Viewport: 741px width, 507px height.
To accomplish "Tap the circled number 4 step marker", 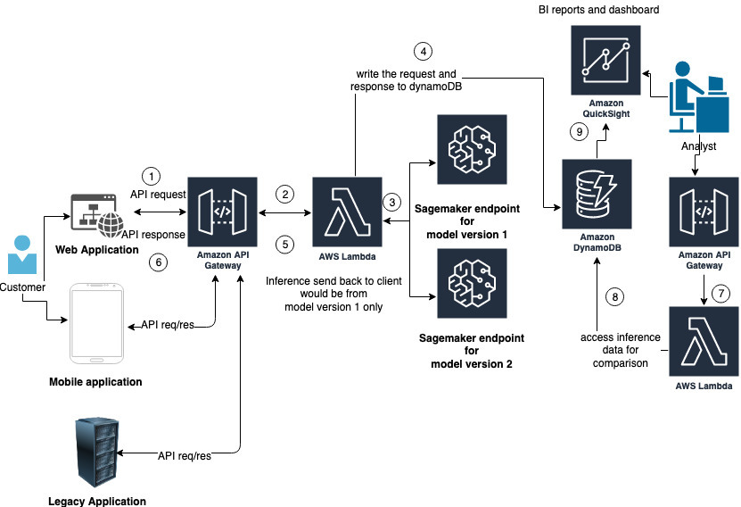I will click(423, 51).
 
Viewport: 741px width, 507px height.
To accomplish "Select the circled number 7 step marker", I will click(722, 293).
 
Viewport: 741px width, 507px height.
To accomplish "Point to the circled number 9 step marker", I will click(579, 132).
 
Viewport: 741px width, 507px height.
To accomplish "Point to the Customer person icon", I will click(21, 253).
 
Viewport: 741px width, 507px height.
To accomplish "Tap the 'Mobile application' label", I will click(95, 382).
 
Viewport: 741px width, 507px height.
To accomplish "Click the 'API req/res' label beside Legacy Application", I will click(185, 456).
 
